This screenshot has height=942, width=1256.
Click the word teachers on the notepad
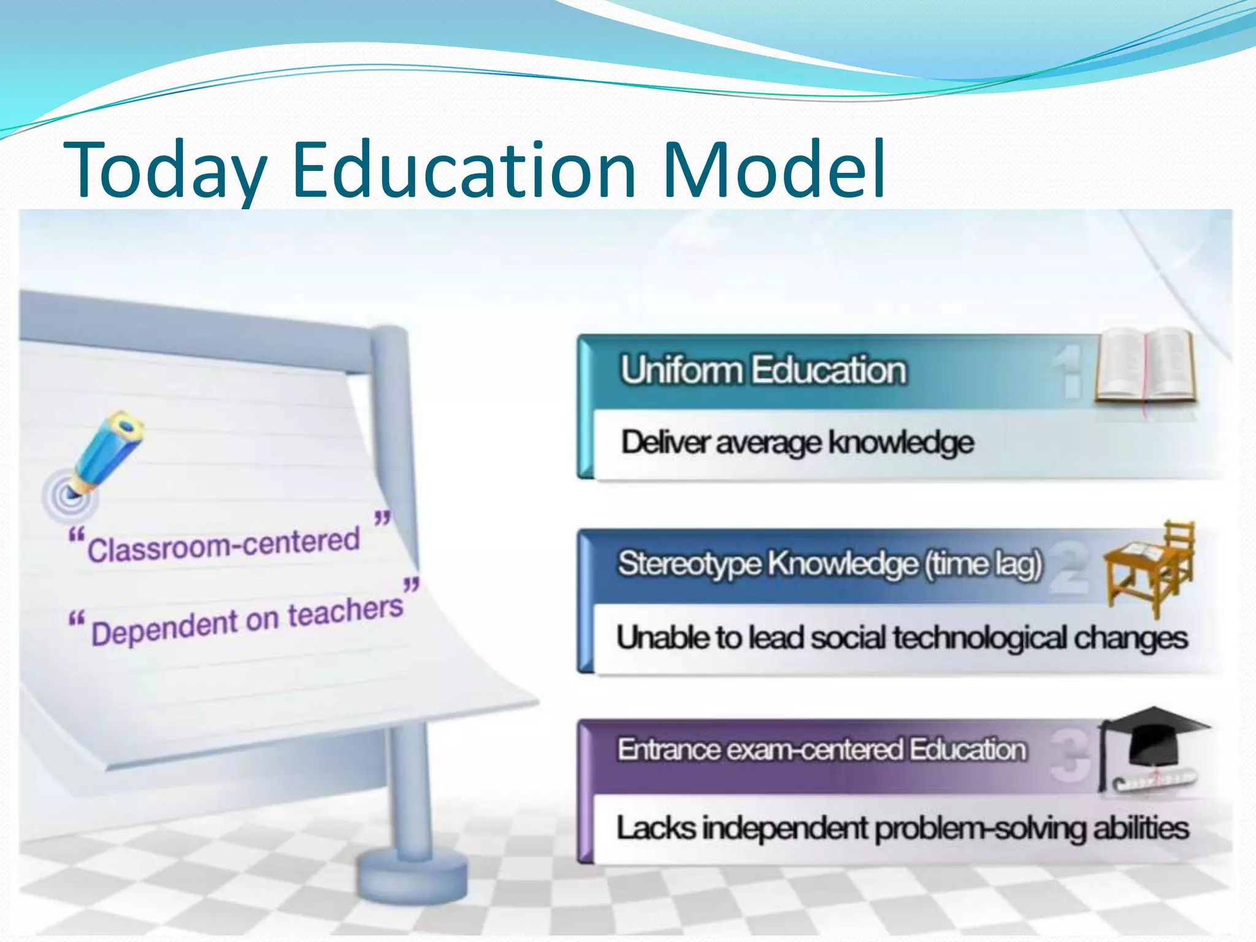coord(345,611)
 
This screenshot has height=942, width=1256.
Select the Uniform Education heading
coord(763,370)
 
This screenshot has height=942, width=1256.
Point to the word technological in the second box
coord(979,638)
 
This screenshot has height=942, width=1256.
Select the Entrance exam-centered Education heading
coord(821,749)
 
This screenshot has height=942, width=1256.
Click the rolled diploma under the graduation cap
coord(1153,780)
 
